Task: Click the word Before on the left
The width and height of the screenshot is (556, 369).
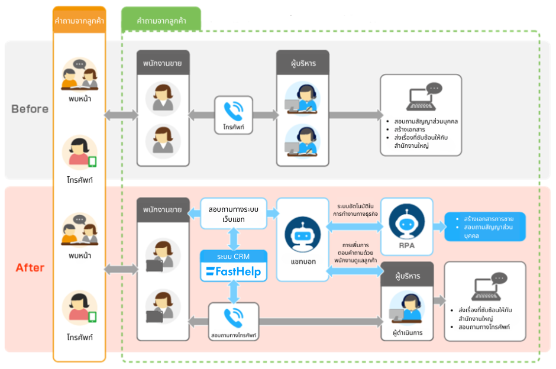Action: [30, 109]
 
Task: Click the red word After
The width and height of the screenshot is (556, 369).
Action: [30, 267]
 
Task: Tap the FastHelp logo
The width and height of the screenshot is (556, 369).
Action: [234, 272]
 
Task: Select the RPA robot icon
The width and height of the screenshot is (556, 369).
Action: [406, 222]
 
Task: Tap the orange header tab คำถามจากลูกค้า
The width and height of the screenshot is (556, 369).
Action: [79, 20]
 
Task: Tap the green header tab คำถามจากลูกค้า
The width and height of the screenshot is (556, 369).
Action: [161, 20]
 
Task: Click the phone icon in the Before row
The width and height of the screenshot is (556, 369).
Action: [234, 111]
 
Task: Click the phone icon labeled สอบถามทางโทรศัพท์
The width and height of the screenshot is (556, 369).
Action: [234, 316]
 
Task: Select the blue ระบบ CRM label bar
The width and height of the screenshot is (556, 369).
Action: [234, 256]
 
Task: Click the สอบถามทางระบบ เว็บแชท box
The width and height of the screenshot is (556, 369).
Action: [234, 214]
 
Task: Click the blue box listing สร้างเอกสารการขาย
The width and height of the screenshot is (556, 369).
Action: [484, 227]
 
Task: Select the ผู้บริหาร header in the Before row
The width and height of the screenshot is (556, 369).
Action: [302, 61]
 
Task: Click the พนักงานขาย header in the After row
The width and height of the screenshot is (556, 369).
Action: [163, 209]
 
